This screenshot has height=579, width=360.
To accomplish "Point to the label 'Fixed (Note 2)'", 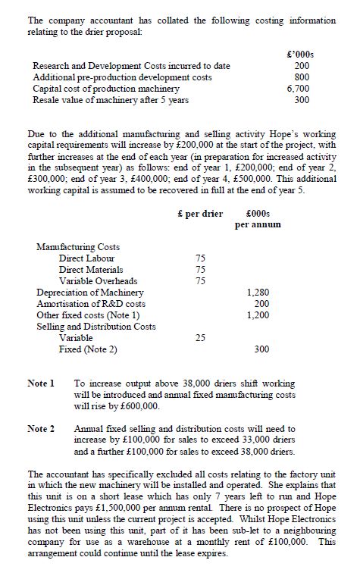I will tap(88, 349).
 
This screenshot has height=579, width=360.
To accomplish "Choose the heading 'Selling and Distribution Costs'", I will tap(95, 326).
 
